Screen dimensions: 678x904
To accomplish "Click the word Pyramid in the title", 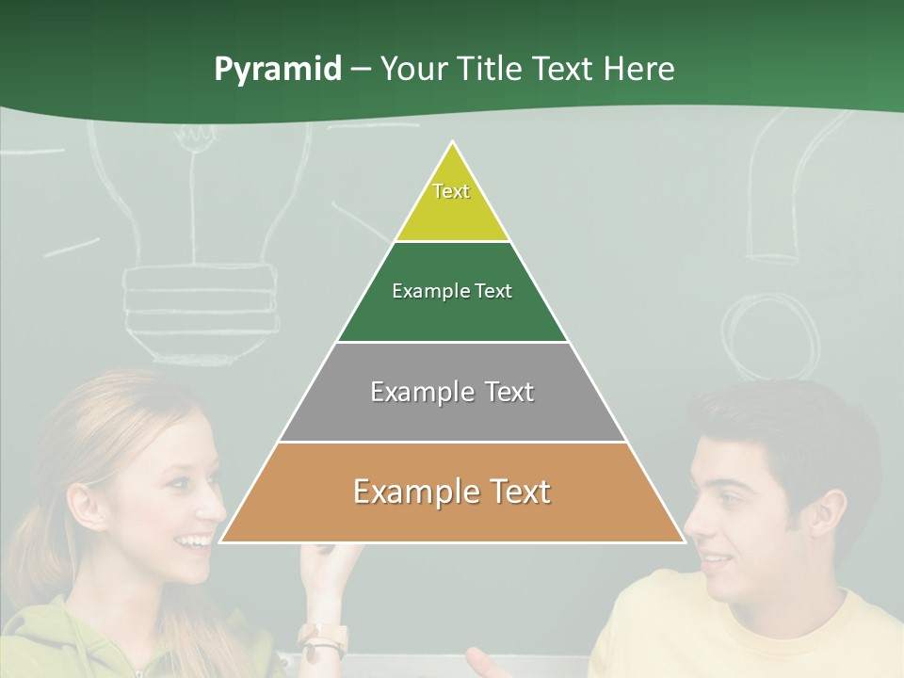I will click(277, 70).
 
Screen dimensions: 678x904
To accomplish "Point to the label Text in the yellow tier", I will click(451, 191).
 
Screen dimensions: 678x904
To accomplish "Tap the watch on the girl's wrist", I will click(322, 639).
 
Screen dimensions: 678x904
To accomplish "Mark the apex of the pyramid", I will click(453, 143).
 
